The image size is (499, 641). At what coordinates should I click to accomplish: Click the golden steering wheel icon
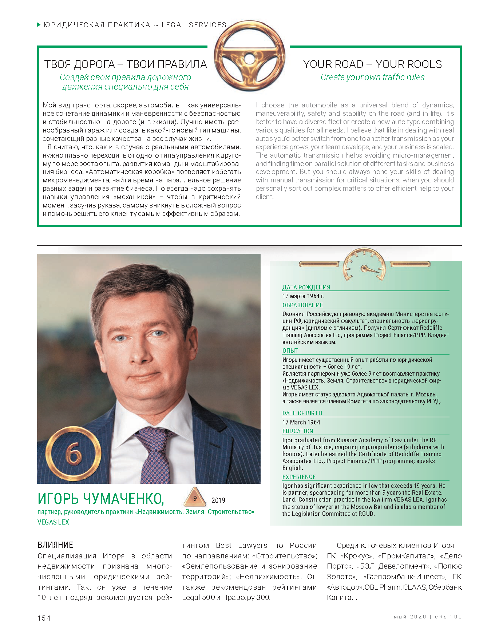249,56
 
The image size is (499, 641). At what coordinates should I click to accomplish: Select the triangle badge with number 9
195,498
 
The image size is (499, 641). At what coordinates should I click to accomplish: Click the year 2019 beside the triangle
218,500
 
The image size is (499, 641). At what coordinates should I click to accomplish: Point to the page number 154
44,618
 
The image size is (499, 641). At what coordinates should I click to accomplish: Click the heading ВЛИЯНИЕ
55,545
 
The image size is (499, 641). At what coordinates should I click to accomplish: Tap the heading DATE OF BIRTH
302,413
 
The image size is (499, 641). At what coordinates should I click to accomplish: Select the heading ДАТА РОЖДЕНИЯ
306,287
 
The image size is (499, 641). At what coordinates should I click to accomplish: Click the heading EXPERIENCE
299,477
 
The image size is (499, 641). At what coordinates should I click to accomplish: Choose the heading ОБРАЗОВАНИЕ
302,305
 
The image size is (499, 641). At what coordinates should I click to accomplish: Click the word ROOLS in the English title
425,64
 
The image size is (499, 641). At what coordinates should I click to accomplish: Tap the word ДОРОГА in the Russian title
95,64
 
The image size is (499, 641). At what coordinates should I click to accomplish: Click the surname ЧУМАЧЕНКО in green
123,499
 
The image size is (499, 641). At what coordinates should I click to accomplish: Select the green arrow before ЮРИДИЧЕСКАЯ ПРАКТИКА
39,25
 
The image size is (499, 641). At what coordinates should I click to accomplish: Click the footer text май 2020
410,617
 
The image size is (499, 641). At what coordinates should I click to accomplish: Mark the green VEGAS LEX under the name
53,522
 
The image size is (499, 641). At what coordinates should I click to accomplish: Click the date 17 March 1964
301,422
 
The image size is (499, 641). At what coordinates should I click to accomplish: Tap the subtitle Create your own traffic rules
372,77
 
